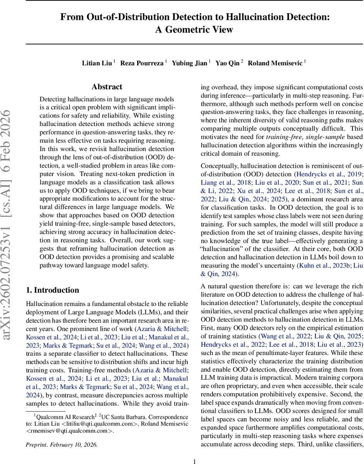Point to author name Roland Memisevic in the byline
276,63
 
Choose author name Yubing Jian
189,63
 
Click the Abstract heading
107,87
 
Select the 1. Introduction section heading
52,290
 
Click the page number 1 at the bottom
194,461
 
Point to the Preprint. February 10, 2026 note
61,445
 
